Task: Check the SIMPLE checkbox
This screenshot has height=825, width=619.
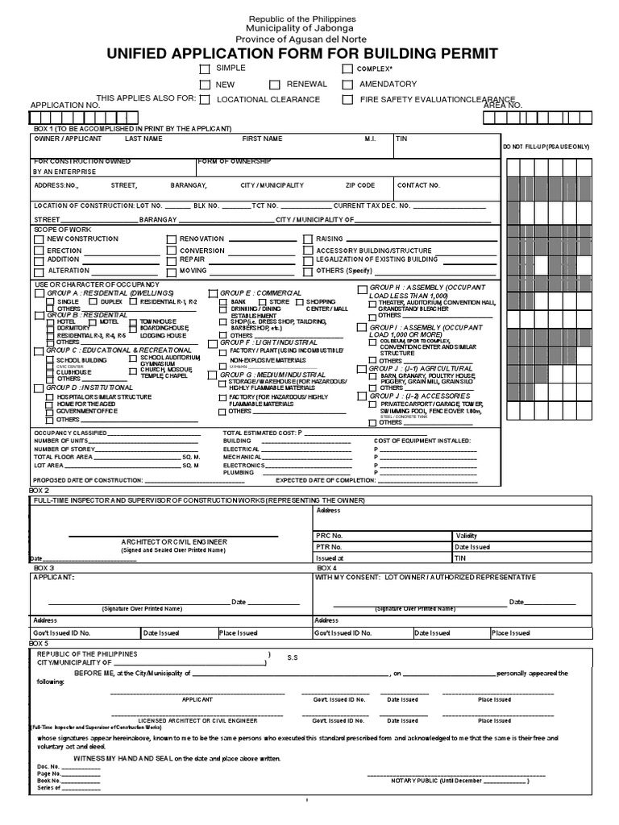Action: pos(205,69)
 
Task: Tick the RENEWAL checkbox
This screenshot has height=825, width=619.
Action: pos(274,85)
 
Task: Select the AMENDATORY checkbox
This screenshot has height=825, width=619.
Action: pos(347,85)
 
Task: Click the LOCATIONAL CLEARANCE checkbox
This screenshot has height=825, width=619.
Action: pos(205,100)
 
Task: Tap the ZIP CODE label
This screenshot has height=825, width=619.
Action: pos(360,185)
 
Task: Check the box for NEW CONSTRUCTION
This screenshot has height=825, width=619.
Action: pos(39,239)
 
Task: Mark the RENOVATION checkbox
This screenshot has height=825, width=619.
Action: pos(171,239)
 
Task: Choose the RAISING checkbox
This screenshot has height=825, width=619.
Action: pos(308,239)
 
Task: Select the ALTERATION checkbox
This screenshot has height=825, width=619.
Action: pos(39,272)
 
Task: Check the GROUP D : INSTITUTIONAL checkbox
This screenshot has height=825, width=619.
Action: pos(39,388)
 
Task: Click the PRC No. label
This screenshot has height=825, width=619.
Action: pos(330,536)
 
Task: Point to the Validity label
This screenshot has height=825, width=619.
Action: pos(467,536)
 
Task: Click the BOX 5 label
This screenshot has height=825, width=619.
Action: pos(39,644)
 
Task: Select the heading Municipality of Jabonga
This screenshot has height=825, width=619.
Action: pos(301,28)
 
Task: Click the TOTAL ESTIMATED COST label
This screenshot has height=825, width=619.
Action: pos(259,433)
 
